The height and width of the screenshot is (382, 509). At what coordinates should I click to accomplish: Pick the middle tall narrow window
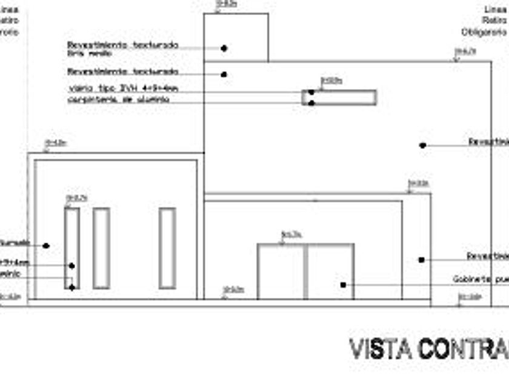click(101, 248)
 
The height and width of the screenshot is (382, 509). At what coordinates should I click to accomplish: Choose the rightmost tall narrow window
click(167, 248)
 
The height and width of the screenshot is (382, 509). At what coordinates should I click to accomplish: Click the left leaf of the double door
click(281, 272)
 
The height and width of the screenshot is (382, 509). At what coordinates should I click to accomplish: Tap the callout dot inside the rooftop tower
click(224, 48)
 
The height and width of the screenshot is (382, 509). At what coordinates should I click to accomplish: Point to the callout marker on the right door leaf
click(343, 284)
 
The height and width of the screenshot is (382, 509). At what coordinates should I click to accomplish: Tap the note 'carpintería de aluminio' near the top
click(118, 99)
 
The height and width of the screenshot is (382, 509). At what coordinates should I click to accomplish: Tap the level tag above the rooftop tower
click(227, 4)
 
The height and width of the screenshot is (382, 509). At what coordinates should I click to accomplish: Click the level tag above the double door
click(291, 234)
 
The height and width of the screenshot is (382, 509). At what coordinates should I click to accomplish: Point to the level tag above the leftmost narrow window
click(77, 198)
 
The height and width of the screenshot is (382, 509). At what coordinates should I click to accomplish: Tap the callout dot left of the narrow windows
click(45, 246)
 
